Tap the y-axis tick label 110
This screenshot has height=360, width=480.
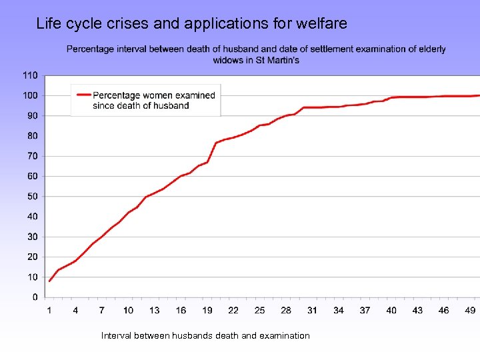click(30, 75)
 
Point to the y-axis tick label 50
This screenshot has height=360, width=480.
click(32, 197)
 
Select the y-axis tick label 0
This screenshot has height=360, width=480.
click(35, 297)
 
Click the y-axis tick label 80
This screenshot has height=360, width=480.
click(32, 136)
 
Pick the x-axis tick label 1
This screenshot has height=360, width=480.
click(49, 310)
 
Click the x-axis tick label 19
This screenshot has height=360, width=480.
click(207, 310)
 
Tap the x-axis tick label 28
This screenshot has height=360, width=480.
click(286, 310)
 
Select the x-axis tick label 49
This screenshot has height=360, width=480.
click(470, 310)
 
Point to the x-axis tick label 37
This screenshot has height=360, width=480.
click(365, 310)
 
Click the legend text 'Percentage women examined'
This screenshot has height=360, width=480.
click(154, 95)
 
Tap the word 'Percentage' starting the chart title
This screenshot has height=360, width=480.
click(90, 49)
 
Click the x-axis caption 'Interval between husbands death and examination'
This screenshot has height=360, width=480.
click(205, 335)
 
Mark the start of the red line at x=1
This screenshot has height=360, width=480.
click(49, 281)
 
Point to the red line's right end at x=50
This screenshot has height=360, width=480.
click(478, 95)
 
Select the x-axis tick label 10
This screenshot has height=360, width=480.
click(128, 310)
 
